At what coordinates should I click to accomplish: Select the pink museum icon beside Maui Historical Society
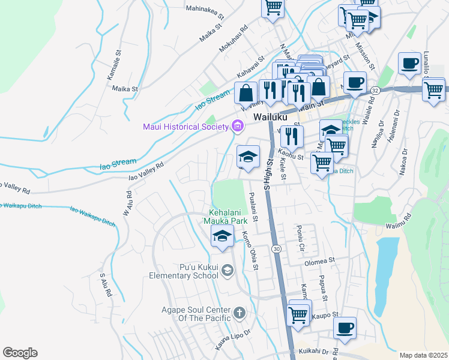click(x=237, y=126)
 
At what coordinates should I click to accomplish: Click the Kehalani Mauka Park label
click(x=228, y=217)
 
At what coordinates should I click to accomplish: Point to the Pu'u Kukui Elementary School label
click(x=184, y=271)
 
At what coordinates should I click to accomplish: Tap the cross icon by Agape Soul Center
click(x=239, y=312)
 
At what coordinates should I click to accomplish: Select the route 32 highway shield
click(x=375, y=89)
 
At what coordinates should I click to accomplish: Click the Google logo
click(x=20, y=353)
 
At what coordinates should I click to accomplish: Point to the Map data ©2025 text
click(x=423, y=355)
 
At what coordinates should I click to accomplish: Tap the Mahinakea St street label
click(x=205, y=9)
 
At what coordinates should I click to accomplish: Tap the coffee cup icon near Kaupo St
click(x=345, y=328)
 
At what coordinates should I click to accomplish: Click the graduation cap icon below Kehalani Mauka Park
click(x=222, y=236)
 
